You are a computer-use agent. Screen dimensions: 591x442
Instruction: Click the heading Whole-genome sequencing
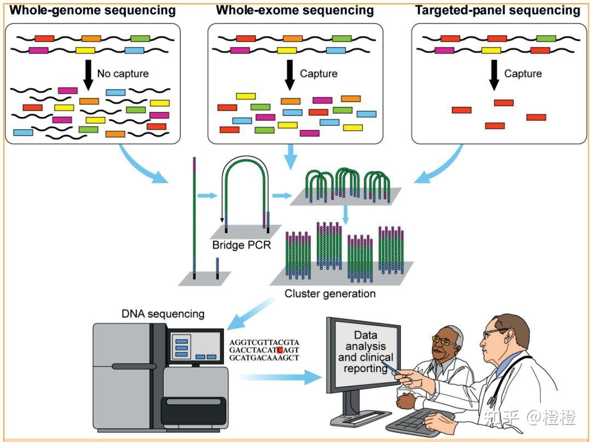[92, 10]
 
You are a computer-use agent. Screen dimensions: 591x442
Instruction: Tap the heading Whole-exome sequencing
[295, 10]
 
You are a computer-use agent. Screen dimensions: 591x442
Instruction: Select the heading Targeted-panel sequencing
[497, 10]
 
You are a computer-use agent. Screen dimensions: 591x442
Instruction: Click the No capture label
[123, 73]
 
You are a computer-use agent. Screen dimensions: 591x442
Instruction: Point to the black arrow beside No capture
[88, 75]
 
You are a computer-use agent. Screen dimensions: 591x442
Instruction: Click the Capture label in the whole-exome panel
[318, 73]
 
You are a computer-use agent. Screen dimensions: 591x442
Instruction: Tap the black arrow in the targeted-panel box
[494, 75]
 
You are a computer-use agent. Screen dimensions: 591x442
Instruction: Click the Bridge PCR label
[242, 245]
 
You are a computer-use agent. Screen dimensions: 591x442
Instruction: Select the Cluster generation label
[330, 294]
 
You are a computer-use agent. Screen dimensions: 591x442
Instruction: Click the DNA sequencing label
[163, 314]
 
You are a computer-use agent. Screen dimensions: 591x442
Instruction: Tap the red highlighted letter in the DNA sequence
[280, 350]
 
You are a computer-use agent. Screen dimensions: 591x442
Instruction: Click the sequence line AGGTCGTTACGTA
[264, 342]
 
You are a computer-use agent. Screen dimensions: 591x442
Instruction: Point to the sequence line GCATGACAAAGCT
[264, 358]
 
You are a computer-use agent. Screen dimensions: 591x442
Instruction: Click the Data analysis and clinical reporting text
[365, 352]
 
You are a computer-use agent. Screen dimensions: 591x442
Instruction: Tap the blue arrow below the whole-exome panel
[290, 156]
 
